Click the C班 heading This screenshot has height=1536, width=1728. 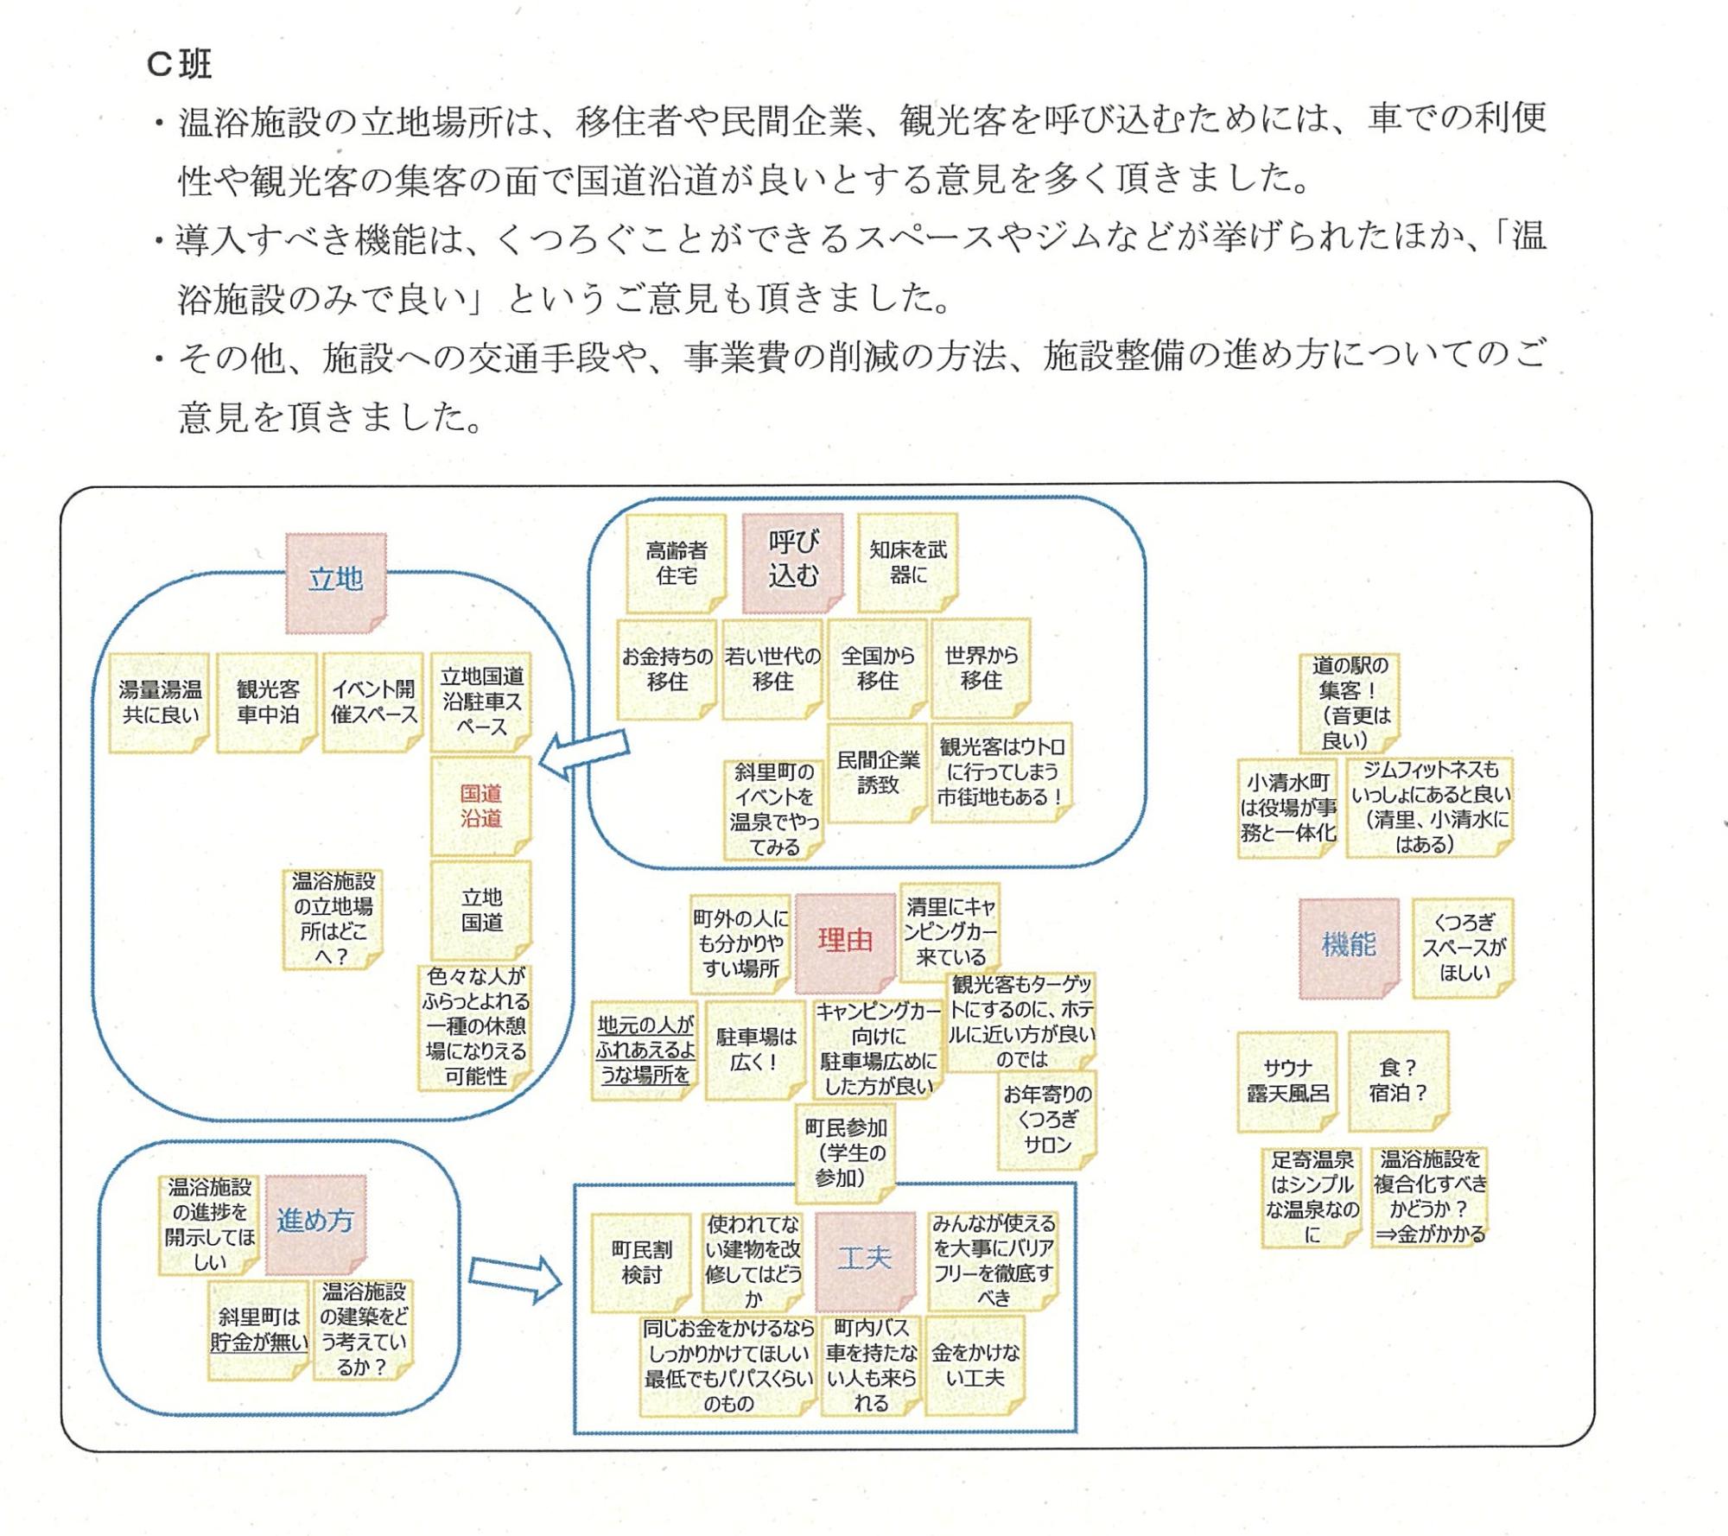tap(180, 65)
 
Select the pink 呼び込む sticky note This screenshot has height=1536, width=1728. tap(792, 562)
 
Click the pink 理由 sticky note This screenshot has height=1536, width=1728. tap(844, 942)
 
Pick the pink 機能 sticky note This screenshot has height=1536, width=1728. tap(1348, 947)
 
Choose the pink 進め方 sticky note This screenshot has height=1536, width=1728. tap(315, 1223)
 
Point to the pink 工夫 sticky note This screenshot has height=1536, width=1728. tap(864, 1260)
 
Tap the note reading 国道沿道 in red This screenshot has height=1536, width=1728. tap(480, 805)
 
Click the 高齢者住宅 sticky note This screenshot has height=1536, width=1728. tap(677, 563)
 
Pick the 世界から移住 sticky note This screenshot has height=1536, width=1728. tap(981, 668)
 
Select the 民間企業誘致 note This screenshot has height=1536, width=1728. tap(877, 772)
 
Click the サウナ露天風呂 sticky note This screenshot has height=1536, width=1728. tap(1286, 1081)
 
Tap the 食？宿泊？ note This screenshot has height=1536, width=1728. tap(1397, 1081)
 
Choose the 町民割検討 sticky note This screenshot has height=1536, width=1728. tap(641, 1262)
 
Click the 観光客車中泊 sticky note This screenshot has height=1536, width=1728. tap(267, 702)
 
